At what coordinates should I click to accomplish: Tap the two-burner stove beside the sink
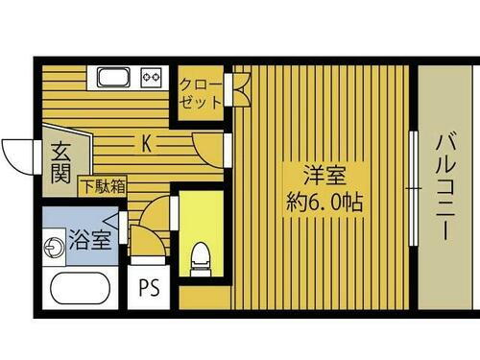click(x=152, y=76)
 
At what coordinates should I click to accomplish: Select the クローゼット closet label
click(x=200, y=92)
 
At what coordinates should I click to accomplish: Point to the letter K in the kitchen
click(x=147, y=144)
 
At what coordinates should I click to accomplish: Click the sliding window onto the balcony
click(x=413, y=187)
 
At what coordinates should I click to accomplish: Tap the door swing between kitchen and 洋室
click(x=209, y=147)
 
